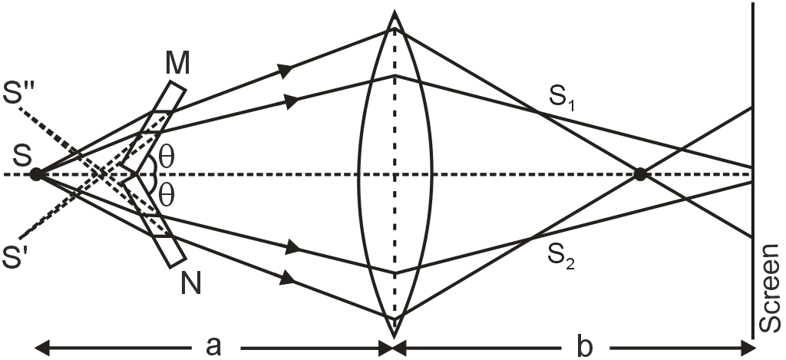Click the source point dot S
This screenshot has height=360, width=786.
click(x=35, y=174)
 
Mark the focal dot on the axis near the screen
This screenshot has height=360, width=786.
click(x=639, y=174)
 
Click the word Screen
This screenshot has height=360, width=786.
click(x=771, y=289)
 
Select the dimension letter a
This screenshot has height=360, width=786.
click(x=214, y=346)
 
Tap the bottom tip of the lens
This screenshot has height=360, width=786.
click(x=395, y=335)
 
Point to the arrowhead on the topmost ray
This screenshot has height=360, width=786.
click(x=286, y=70)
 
